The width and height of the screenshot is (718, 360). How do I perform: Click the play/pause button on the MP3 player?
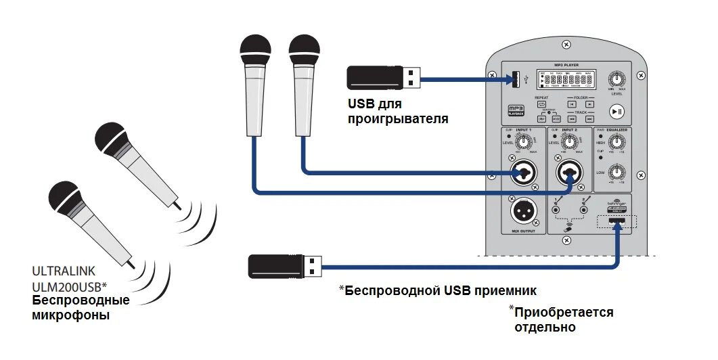point(616,112)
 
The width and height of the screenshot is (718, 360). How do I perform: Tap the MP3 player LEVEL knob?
point(616,78)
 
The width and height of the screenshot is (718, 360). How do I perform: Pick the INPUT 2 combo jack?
point(570,173)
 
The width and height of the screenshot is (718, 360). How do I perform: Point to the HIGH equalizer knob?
point(616,142)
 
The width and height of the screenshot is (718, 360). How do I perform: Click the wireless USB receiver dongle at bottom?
point(284,265)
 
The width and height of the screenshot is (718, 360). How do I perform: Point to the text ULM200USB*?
point(70,286)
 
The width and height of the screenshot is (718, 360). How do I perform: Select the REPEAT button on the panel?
point(541,104)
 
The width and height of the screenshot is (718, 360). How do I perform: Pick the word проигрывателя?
point(398,119)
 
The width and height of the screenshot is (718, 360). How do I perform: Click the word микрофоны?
point(71,315)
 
